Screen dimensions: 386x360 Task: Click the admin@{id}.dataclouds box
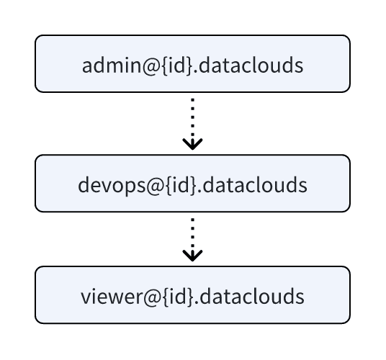(192, 64)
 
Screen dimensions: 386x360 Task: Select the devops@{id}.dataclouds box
(192, 184)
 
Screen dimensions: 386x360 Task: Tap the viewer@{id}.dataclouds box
(192, 294)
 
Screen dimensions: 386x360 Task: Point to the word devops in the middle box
(112, 186)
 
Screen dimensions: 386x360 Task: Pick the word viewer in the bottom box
(112, 297)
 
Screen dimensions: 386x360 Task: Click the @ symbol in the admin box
(151, 66)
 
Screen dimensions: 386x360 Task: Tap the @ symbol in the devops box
(156, 186)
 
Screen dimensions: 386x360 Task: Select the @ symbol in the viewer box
(153, 298)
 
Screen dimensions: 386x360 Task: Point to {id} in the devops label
(181, 186)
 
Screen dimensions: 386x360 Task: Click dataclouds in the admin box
(251, 66)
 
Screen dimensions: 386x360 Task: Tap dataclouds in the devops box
(255, 185)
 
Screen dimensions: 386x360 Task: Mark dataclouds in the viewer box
(252, 296)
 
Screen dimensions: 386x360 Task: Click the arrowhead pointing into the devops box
(192, 145)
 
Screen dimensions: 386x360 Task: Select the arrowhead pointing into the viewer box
(192, 256)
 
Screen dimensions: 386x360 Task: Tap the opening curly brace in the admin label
(165, 66)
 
